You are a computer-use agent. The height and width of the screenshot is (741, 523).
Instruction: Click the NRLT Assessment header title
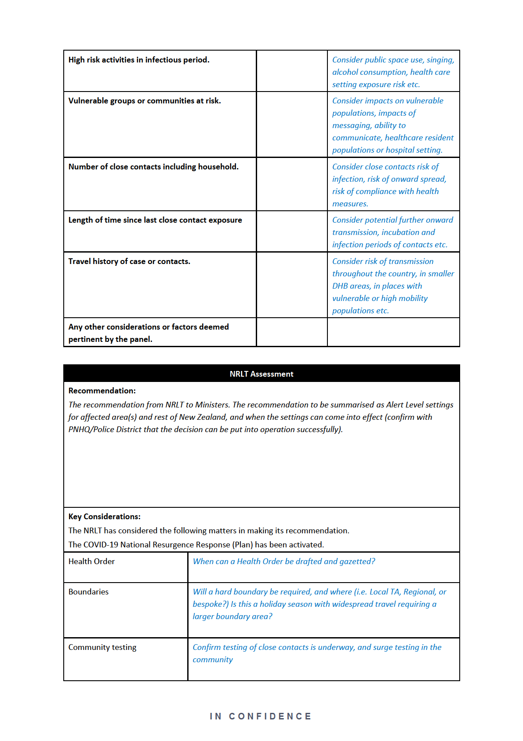point(261,374)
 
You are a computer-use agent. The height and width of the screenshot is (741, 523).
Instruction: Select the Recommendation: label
point(102,391)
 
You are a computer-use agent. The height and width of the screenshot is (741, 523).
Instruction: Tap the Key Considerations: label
point(105,517)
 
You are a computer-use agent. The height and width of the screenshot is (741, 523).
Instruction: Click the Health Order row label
point(91,561)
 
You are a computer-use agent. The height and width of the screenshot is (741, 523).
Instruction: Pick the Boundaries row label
point(88,592)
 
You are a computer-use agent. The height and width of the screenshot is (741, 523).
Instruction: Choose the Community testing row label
point(102,647)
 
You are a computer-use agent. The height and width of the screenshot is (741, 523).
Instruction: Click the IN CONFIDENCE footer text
point(261,716)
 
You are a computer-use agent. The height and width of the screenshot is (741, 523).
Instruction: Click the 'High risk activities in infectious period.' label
point(139,60)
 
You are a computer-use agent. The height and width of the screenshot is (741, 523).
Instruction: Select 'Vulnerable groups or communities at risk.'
point(145,101)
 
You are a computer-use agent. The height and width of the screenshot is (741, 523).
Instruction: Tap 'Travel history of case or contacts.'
point(129,261)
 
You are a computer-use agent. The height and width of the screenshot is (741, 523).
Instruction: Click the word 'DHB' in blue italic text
point(340,286)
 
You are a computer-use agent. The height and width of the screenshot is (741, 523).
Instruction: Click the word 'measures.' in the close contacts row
point(350,204)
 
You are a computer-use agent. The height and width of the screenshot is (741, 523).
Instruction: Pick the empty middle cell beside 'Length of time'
point(292,231)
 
